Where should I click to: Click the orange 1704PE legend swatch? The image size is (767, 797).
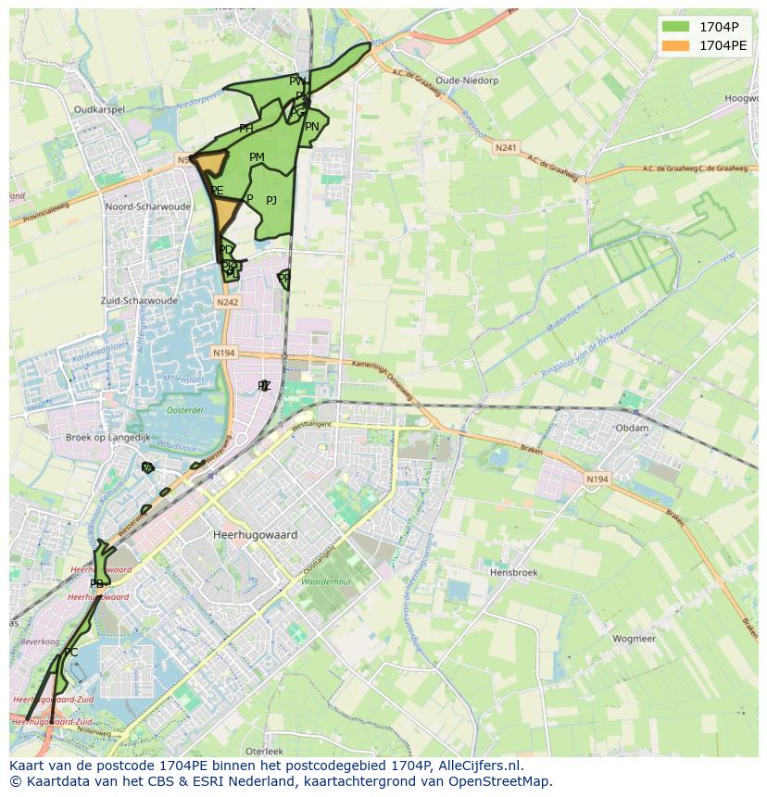pos(676,45)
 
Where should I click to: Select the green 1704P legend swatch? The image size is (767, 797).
pos(676,27)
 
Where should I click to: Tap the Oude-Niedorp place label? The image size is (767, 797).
pos(467,81)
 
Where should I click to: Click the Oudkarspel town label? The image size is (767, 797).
pos(99,109)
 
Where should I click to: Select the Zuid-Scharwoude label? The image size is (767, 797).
pos(139,301)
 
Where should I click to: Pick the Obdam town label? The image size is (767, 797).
pos(632,428)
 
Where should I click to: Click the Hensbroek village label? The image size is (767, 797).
pos(513,573)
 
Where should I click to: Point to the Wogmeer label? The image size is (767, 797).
pos(634,639)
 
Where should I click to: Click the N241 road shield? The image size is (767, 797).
pos(506,147)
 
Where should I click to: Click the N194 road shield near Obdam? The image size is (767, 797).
pos(597,479)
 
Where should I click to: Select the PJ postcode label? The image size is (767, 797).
pos(271,201)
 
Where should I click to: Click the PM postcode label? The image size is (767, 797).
pos(257,157)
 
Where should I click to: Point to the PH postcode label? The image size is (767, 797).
pos(245,129)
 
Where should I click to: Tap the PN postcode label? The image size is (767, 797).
pos(312,127)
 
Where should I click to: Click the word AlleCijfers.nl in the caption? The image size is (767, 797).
pos(478,766)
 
